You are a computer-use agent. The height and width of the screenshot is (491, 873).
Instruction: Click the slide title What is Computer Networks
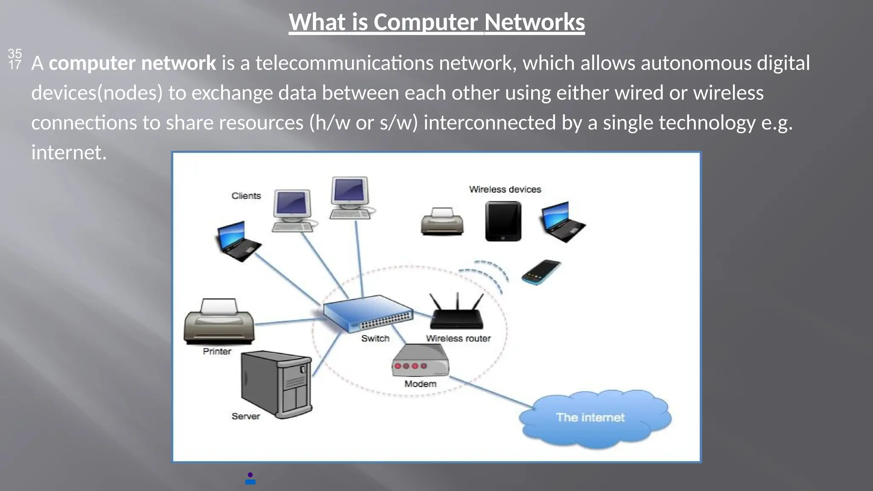436,22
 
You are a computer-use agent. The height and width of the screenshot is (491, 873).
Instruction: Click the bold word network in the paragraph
179,63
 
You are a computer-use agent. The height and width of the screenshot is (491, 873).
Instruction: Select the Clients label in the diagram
246,196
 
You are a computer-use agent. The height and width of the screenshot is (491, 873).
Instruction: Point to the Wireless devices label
505,189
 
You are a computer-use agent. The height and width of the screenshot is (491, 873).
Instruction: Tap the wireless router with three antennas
457,313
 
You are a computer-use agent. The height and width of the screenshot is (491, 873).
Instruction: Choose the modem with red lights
420,361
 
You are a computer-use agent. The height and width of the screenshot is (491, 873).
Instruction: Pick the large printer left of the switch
219,322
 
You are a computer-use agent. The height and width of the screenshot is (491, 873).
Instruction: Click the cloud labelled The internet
594,418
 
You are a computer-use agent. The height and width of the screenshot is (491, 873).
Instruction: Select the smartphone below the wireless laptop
541,272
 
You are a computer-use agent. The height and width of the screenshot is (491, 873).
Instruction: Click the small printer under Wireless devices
442,222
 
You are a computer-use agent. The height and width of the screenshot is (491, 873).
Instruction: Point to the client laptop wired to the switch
238,241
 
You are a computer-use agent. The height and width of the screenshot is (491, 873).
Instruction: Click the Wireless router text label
458,338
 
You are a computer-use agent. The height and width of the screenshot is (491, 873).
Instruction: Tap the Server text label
246,416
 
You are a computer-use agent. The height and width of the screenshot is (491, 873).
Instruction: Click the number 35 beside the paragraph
14,53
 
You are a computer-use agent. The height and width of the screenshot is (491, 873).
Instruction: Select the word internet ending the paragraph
68,153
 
